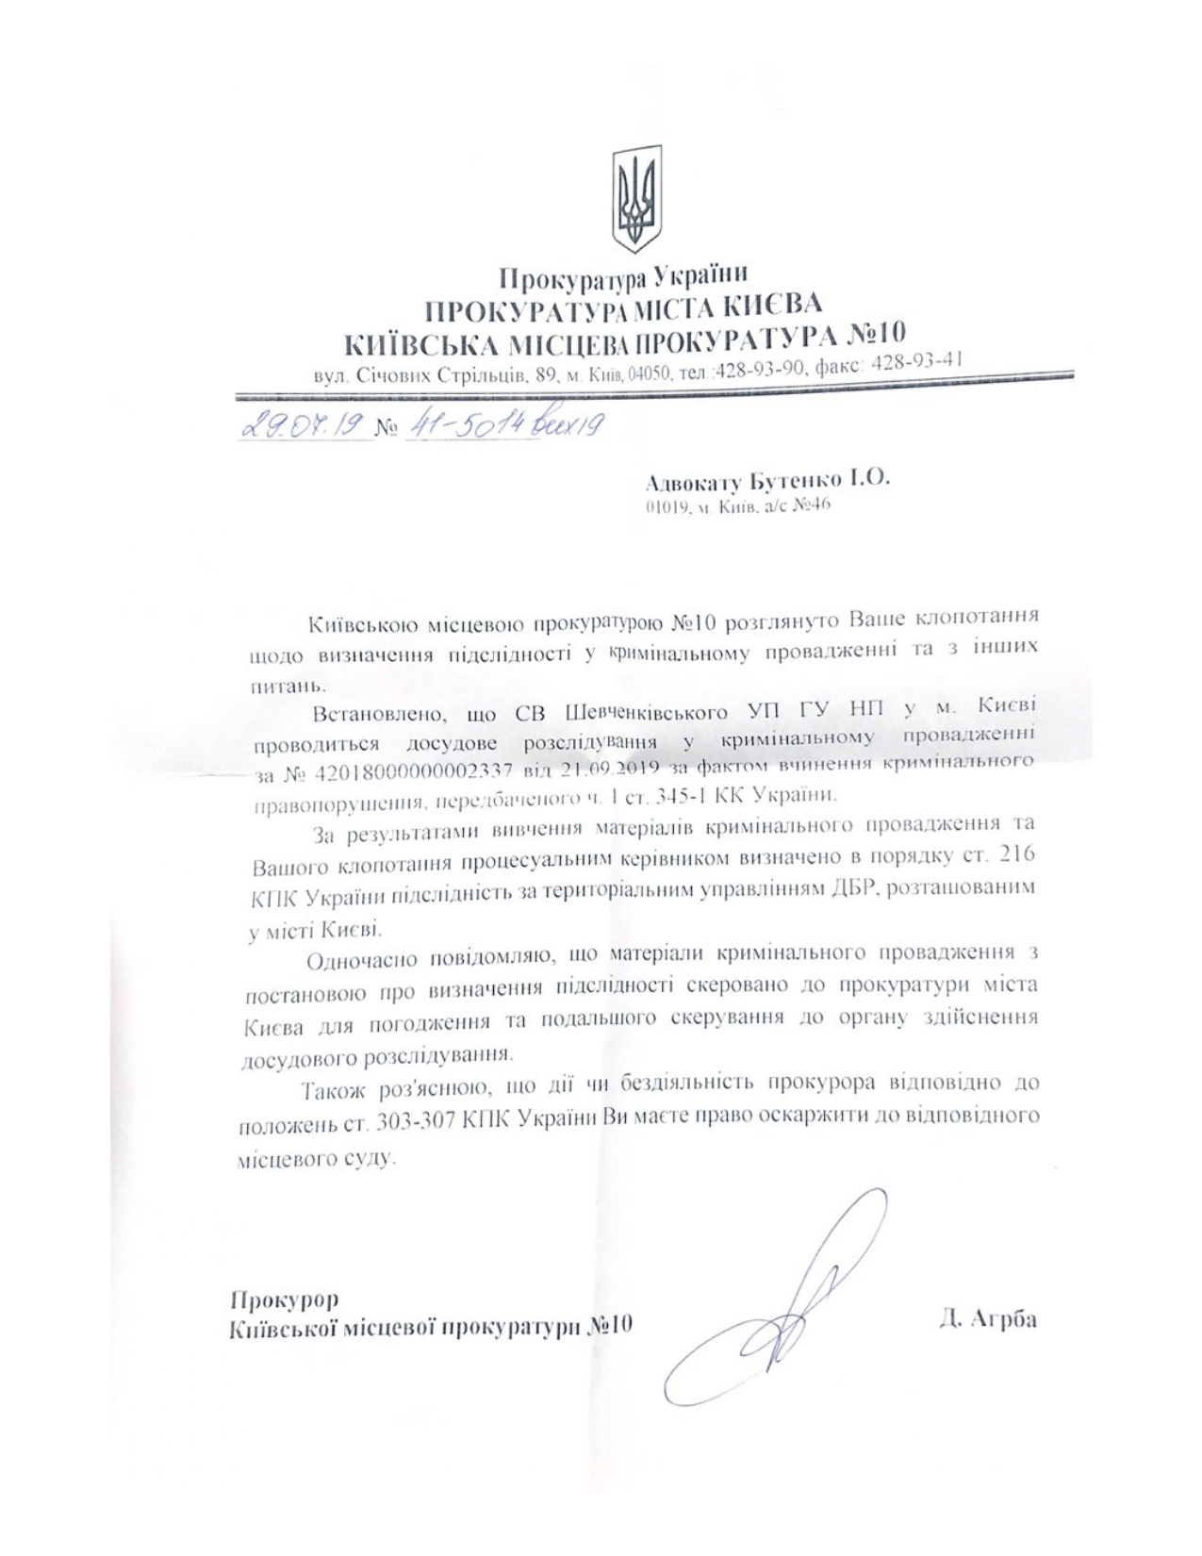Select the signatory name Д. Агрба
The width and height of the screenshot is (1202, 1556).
(x=987, y=1318)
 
